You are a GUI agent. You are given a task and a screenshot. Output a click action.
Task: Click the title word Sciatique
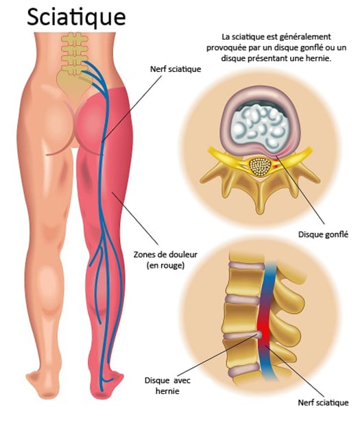[76, 18]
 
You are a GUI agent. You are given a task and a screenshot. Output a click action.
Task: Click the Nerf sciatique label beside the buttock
[176, 69]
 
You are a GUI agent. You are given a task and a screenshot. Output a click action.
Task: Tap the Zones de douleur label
[165, 255]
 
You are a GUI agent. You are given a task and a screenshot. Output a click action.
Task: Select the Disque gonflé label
[323, 234]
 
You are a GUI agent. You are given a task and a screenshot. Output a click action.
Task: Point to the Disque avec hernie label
[167, 386]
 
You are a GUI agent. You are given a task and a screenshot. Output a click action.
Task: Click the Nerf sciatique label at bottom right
[323, 403]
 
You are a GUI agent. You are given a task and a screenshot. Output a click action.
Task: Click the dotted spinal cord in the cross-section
[260, 167]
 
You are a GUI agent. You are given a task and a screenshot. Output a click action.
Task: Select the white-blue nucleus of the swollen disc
[259, 127]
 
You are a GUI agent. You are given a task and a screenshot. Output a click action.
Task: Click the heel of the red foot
[101, 393]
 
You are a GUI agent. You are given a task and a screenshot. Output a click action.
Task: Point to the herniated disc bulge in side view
[259, 335]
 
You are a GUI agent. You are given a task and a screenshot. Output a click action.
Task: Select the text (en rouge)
[165, 266]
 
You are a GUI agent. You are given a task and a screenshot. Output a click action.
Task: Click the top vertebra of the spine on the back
[74, 38]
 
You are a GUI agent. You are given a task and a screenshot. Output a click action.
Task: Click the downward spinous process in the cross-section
[260, 199]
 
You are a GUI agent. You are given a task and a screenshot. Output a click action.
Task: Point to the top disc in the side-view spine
[246, 266]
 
